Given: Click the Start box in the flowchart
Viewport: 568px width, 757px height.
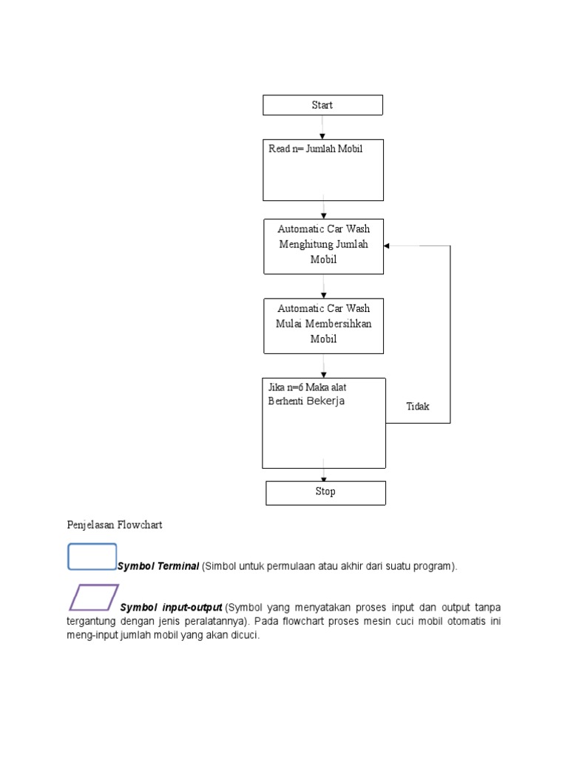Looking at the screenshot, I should [x=322, y=105].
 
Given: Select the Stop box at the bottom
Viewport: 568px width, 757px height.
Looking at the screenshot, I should [x=325, y=492].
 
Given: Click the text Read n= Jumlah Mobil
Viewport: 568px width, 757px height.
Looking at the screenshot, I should [x=316, y=149].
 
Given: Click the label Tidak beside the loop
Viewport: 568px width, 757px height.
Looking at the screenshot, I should [x=418, y=407].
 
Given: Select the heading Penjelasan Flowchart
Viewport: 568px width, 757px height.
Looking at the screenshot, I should [x=115, y=525].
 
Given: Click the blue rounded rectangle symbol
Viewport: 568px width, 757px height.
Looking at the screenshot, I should [x=92, y=557].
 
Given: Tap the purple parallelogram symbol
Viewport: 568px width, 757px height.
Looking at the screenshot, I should [x=94, y=597].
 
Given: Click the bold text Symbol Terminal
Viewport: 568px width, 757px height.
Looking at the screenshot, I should [x=158, y=566].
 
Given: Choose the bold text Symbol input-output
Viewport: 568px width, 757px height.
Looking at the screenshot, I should [x=172, y=607].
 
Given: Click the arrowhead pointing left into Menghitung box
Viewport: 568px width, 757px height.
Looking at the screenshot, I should [x=388, y=245].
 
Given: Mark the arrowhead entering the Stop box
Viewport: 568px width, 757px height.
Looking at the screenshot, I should [x=324, y=479].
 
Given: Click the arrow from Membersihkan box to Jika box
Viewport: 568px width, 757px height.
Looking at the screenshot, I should [x=324, y=366].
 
